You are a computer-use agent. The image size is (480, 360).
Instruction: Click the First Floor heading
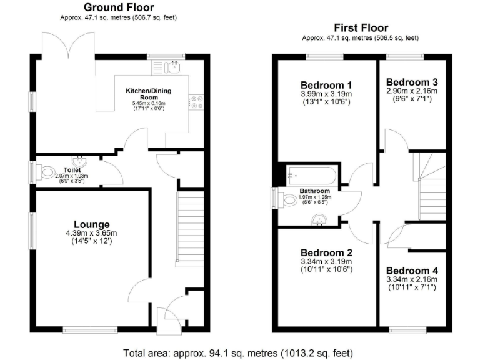361,27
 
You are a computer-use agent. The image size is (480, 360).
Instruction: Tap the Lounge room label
92,224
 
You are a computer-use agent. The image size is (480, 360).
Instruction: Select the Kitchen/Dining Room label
148,94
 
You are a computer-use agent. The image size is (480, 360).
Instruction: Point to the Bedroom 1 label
326,85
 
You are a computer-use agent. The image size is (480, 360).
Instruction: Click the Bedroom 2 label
327,252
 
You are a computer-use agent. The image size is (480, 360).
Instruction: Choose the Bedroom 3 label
411,82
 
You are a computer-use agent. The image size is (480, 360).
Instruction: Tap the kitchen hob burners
198,101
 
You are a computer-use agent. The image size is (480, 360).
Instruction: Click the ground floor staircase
191,228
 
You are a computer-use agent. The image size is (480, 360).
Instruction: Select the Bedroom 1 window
321,57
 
